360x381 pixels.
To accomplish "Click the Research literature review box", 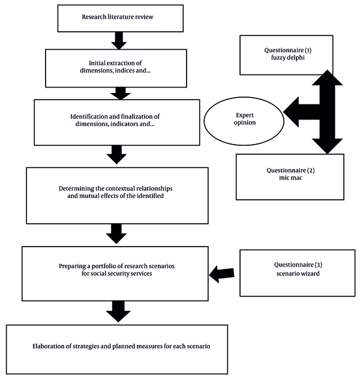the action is (x=120, y=19).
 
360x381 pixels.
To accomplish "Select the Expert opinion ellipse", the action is (x=244, y=121).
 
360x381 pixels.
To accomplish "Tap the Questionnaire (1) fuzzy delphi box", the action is (x=286, y=55).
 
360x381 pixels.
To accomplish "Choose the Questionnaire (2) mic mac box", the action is (x=290, y=177).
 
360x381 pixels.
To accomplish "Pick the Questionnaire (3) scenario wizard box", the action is (x=298, y=273).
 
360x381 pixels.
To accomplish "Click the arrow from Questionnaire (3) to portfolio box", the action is (x=221, y=274).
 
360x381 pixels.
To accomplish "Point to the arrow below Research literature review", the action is (x=119, y=41).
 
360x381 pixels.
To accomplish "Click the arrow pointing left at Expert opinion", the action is (x=301, y=112).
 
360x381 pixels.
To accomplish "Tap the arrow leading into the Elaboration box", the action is (x=118, y=311).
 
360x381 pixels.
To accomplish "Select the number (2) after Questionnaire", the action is (x=311, y=170).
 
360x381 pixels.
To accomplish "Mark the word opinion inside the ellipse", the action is (x=245, y=123).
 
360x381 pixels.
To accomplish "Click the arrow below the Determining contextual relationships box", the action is (x=116, y=234).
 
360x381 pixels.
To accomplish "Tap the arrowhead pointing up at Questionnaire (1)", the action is (x=327, y=77).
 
